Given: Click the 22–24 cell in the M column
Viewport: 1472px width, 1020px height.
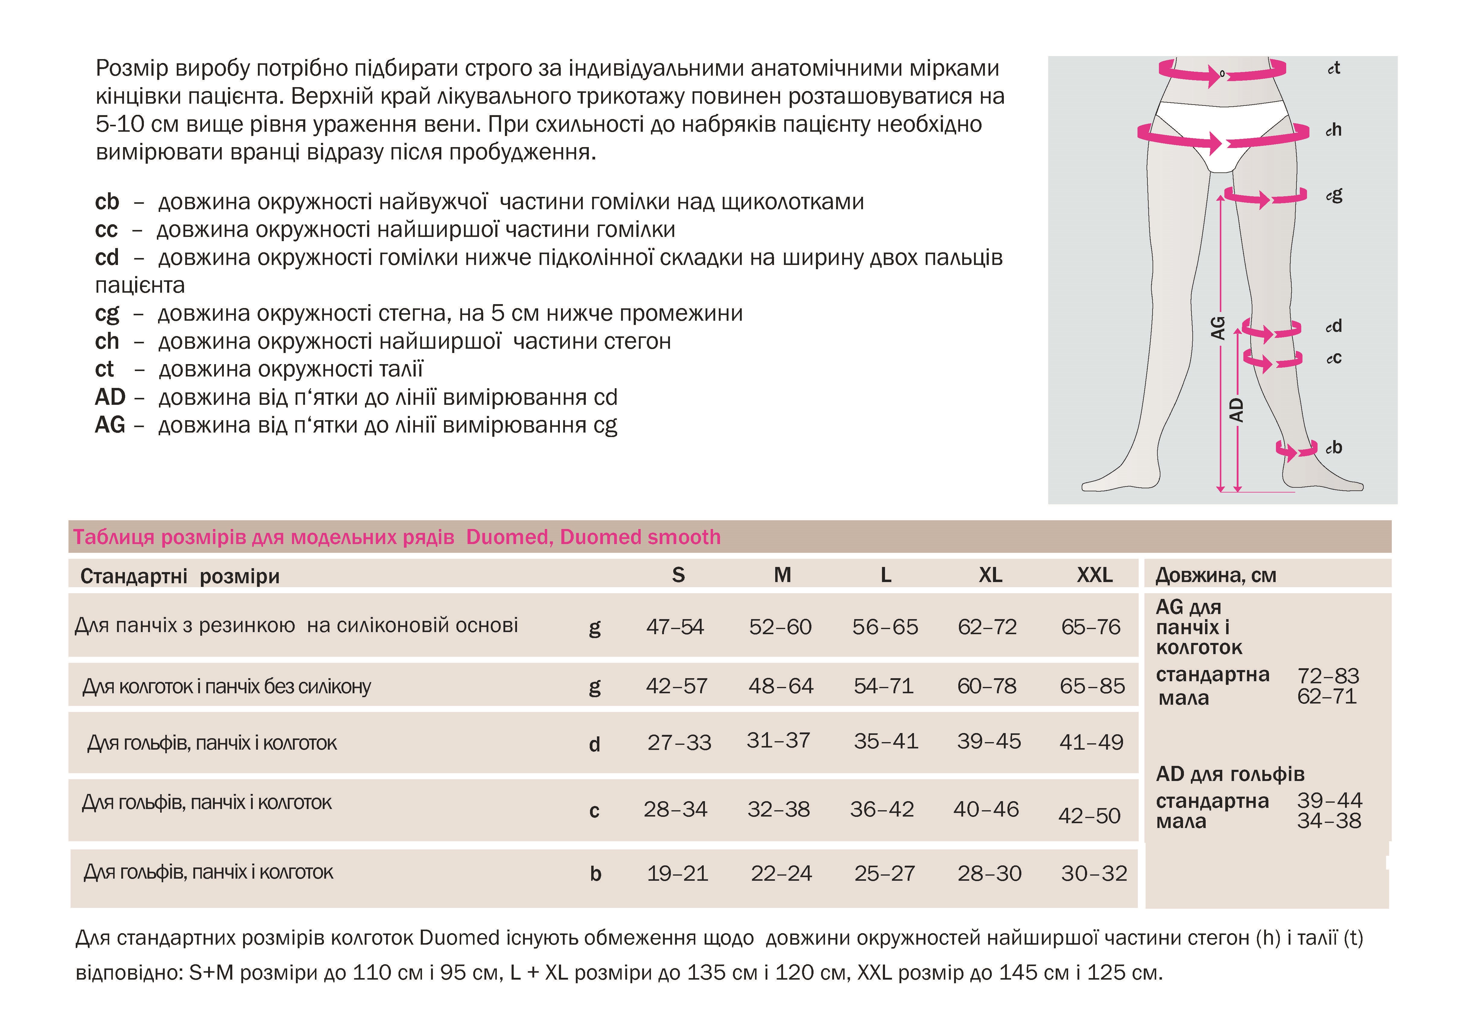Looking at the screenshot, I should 781,873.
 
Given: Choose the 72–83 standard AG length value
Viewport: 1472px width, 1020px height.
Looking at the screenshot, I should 1328,675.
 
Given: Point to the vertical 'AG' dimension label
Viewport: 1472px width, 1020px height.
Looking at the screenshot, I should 1218,328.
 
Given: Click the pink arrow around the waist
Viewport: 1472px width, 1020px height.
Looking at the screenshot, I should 1221,74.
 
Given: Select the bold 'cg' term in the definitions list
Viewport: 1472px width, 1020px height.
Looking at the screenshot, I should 107,313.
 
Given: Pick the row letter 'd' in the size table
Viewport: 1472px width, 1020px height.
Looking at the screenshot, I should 594,744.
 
